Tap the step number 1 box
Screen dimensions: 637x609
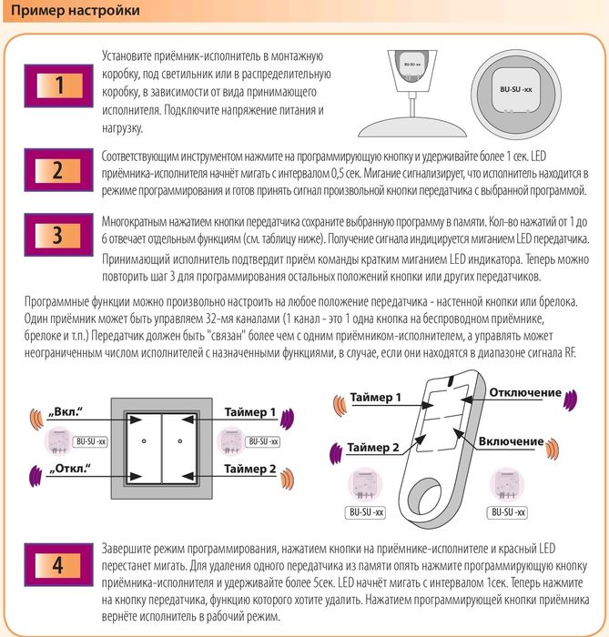[x=58, y=87]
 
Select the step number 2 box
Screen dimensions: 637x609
[x=58, y=171]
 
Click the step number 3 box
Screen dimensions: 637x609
[x=58, y=235]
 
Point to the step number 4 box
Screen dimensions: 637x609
[x=58, y=566]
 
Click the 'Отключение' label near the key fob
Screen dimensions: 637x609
[x=524, y=392]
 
